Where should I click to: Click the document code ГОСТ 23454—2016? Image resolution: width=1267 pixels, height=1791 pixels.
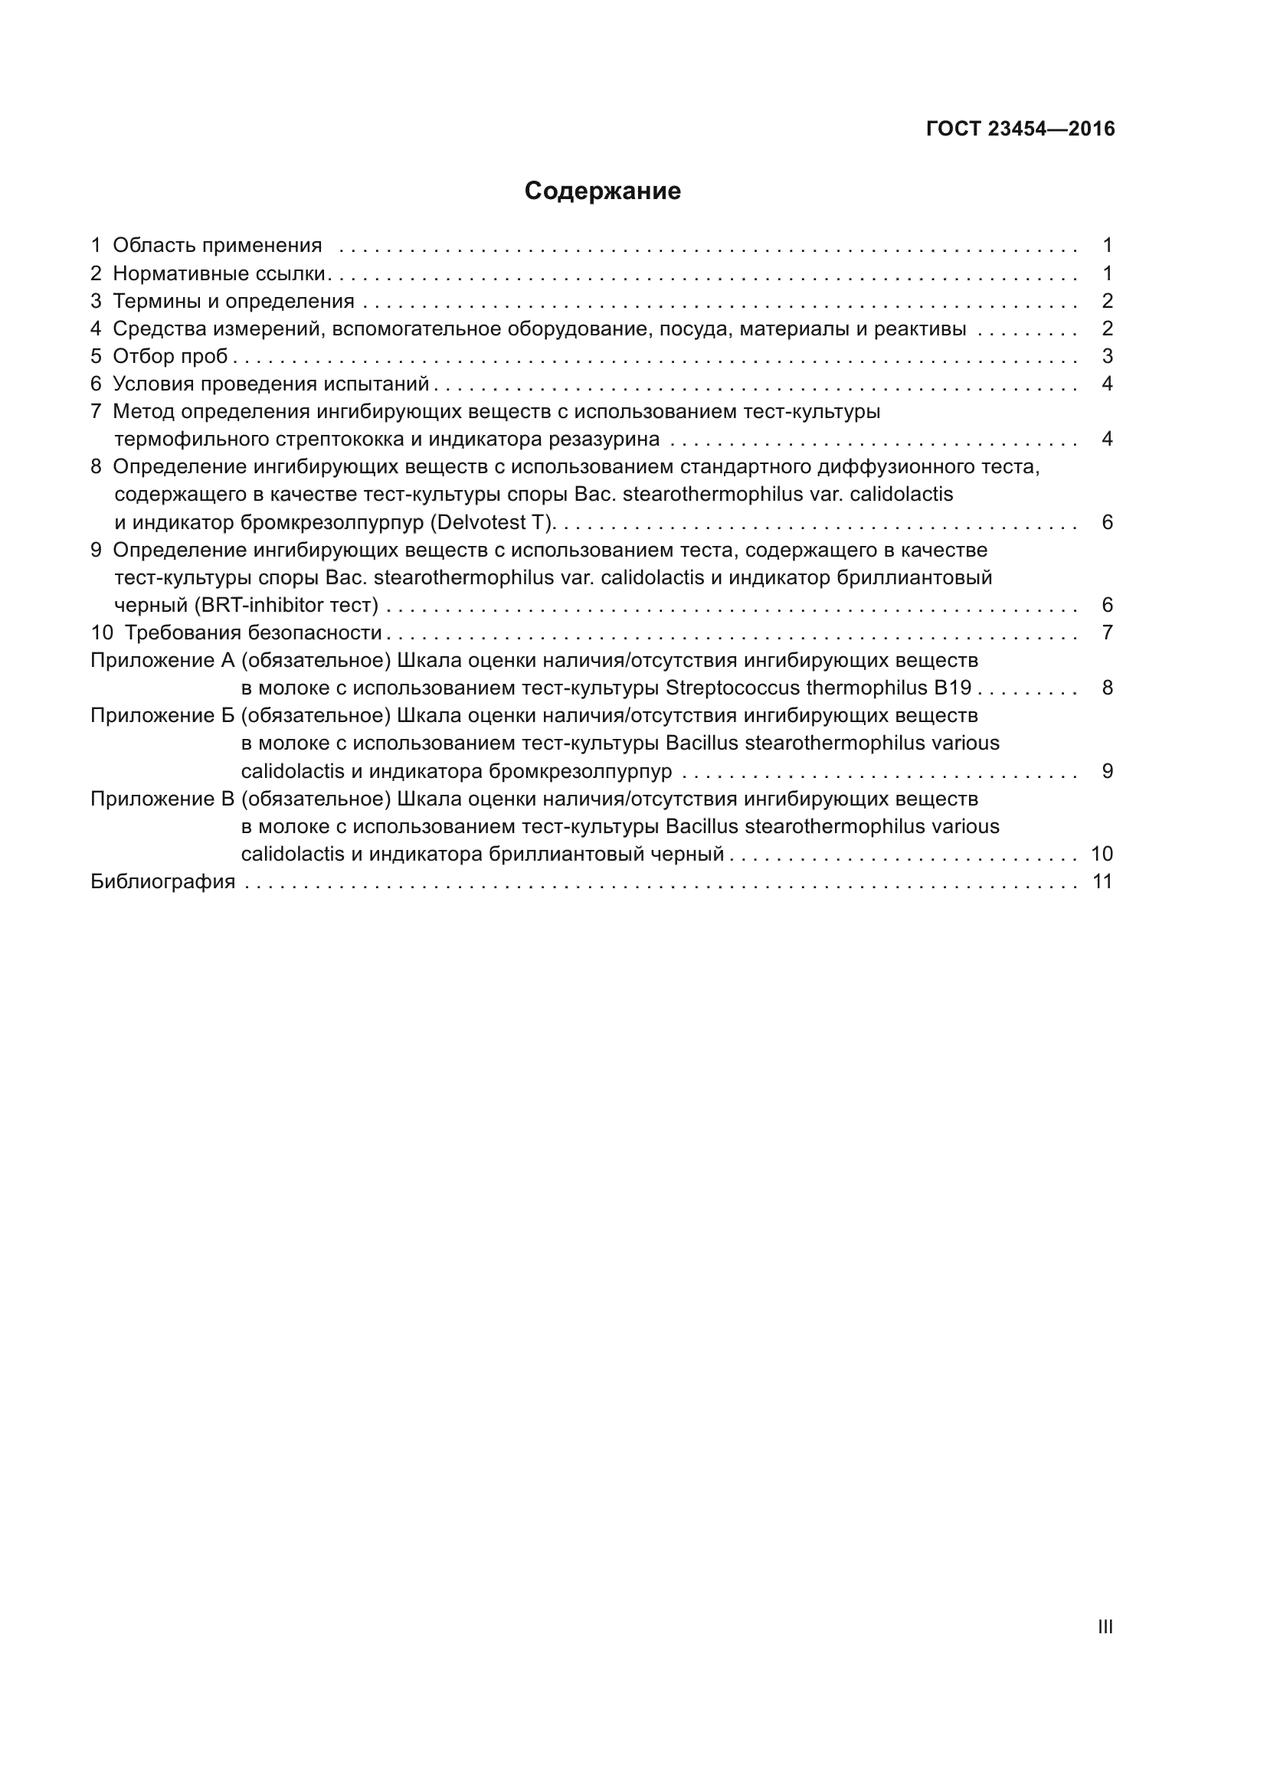[x=1020, y=129]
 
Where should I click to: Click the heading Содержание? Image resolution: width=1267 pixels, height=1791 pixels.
[x=602, y=191]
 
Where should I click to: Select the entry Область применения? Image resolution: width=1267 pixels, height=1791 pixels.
[x=217, y=246]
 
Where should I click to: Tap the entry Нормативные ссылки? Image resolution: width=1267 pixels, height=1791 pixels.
[x=218, y=274]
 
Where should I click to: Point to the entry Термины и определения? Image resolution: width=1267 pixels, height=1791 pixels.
[x=234, y=301]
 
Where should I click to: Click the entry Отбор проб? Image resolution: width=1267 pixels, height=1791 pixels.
[x=170, y=357]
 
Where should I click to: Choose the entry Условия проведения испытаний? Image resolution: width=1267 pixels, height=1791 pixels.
[x=270, y=384]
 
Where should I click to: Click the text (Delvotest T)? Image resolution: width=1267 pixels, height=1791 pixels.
[x=492, y=522]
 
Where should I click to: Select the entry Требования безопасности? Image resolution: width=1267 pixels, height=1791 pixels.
[x=253, y=632]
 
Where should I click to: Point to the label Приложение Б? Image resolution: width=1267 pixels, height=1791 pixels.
[x=162, y=715]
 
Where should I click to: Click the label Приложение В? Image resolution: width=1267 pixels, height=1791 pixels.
[x=162, y=799]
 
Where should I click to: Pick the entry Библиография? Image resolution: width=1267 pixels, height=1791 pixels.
[x=162, y=881]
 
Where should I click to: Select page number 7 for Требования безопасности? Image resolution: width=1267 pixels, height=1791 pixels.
[x=1106, y=632]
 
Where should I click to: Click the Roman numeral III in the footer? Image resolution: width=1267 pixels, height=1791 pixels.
[x=1105, y=1626]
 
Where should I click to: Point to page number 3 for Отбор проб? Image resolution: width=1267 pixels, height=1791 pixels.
[x=1106, y=357]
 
